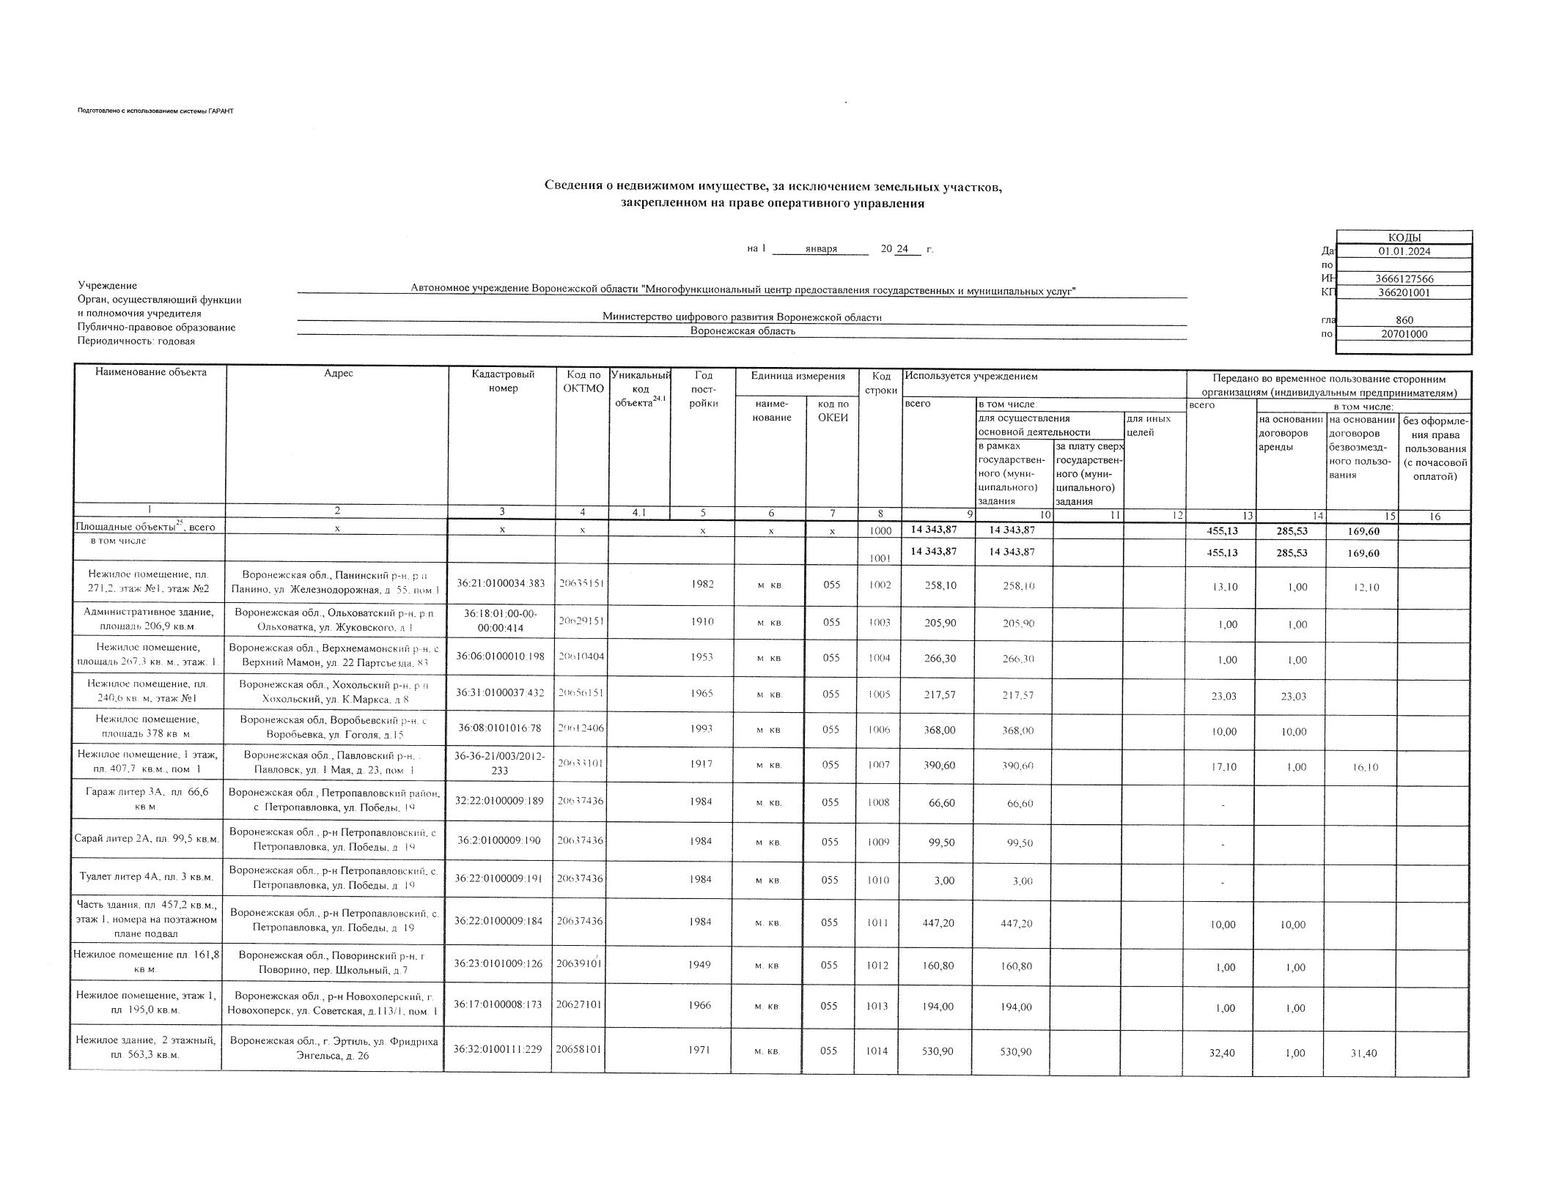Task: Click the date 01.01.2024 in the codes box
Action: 1404,251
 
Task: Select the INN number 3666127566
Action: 1404,279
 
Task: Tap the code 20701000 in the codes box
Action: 1404,334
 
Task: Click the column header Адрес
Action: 338,374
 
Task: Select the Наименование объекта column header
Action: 151,373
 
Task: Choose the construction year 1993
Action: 701,729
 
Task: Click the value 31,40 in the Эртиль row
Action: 1363,1054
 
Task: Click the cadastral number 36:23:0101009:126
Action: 498,963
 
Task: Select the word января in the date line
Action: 820,249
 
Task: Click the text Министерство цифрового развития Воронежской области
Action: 742,317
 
